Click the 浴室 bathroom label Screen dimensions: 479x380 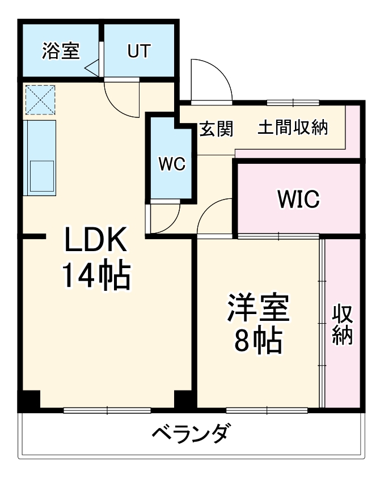coord(60,51)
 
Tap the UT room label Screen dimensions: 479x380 coord(138,51)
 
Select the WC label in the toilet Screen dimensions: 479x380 coord(171,164)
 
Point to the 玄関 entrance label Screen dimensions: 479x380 coord(216,129)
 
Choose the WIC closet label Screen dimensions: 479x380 coord(298,198)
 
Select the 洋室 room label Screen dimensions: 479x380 coord(259,309)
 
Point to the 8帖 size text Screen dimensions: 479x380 coord(259,340)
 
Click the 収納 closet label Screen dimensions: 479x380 coord(343,324)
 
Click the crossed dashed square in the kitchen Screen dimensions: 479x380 coord(40,100)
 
